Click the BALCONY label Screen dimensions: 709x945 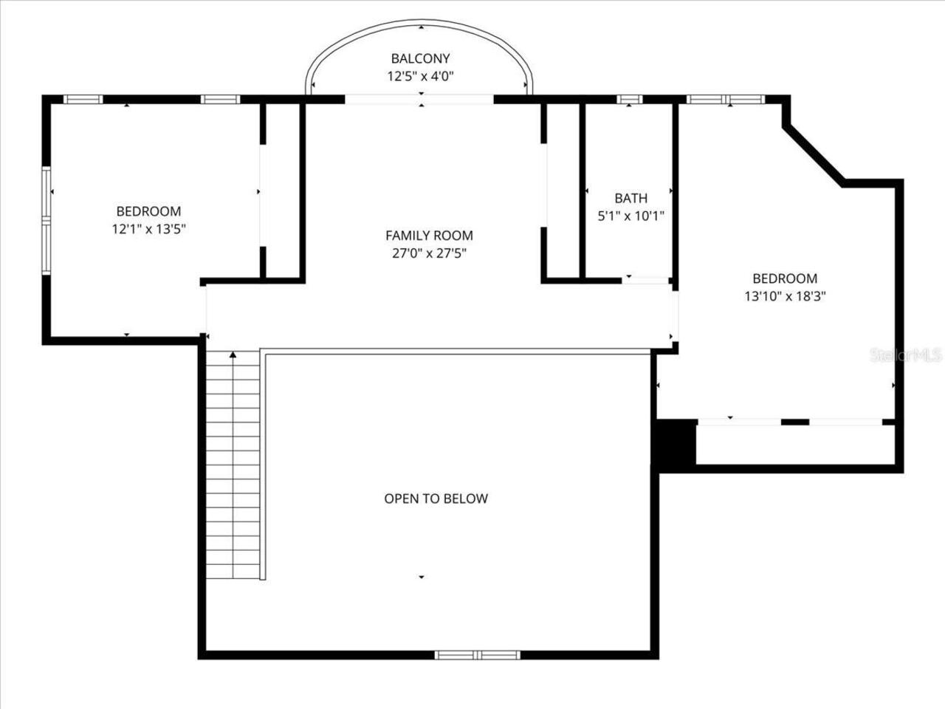(x=420, y=58)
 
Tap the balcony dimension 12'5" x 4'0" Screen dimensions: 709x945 (x=420, y=75)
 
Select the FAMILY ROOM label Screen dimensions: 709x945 (x=429, y=236)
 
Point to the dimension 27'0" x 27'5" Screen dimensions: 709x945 (x=429, y=253)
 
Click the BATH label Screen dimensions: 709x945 (x=630, y=198)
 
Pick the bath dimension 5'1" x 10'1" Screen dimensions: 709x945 (x=630, y=216)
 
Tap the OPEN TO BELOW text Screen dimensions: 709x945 (x=436, y=499)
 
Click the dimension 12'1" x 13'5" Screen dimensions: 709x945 (x=148, y=229)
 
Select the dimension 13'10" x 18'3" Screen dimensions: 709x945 (x=784, y=297)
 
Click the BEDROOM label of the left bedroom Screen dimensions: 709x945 (x=148, y=211)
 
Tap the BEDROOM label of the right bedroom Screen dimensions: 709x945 (x=784, y=278)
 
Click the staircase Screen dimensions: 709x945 (x=233, y=465)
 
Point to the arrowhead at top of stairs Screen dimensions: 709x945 (x=233, y=355)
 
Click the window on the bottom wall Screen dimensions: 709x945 (x=477, y=655)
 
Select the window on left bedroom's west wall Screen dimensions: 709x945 (x=47, y=221)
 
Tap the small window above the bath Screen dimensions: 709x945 (x=629, y=99)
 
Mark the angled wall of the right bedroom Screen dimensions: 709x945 (x=814, y=155)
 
